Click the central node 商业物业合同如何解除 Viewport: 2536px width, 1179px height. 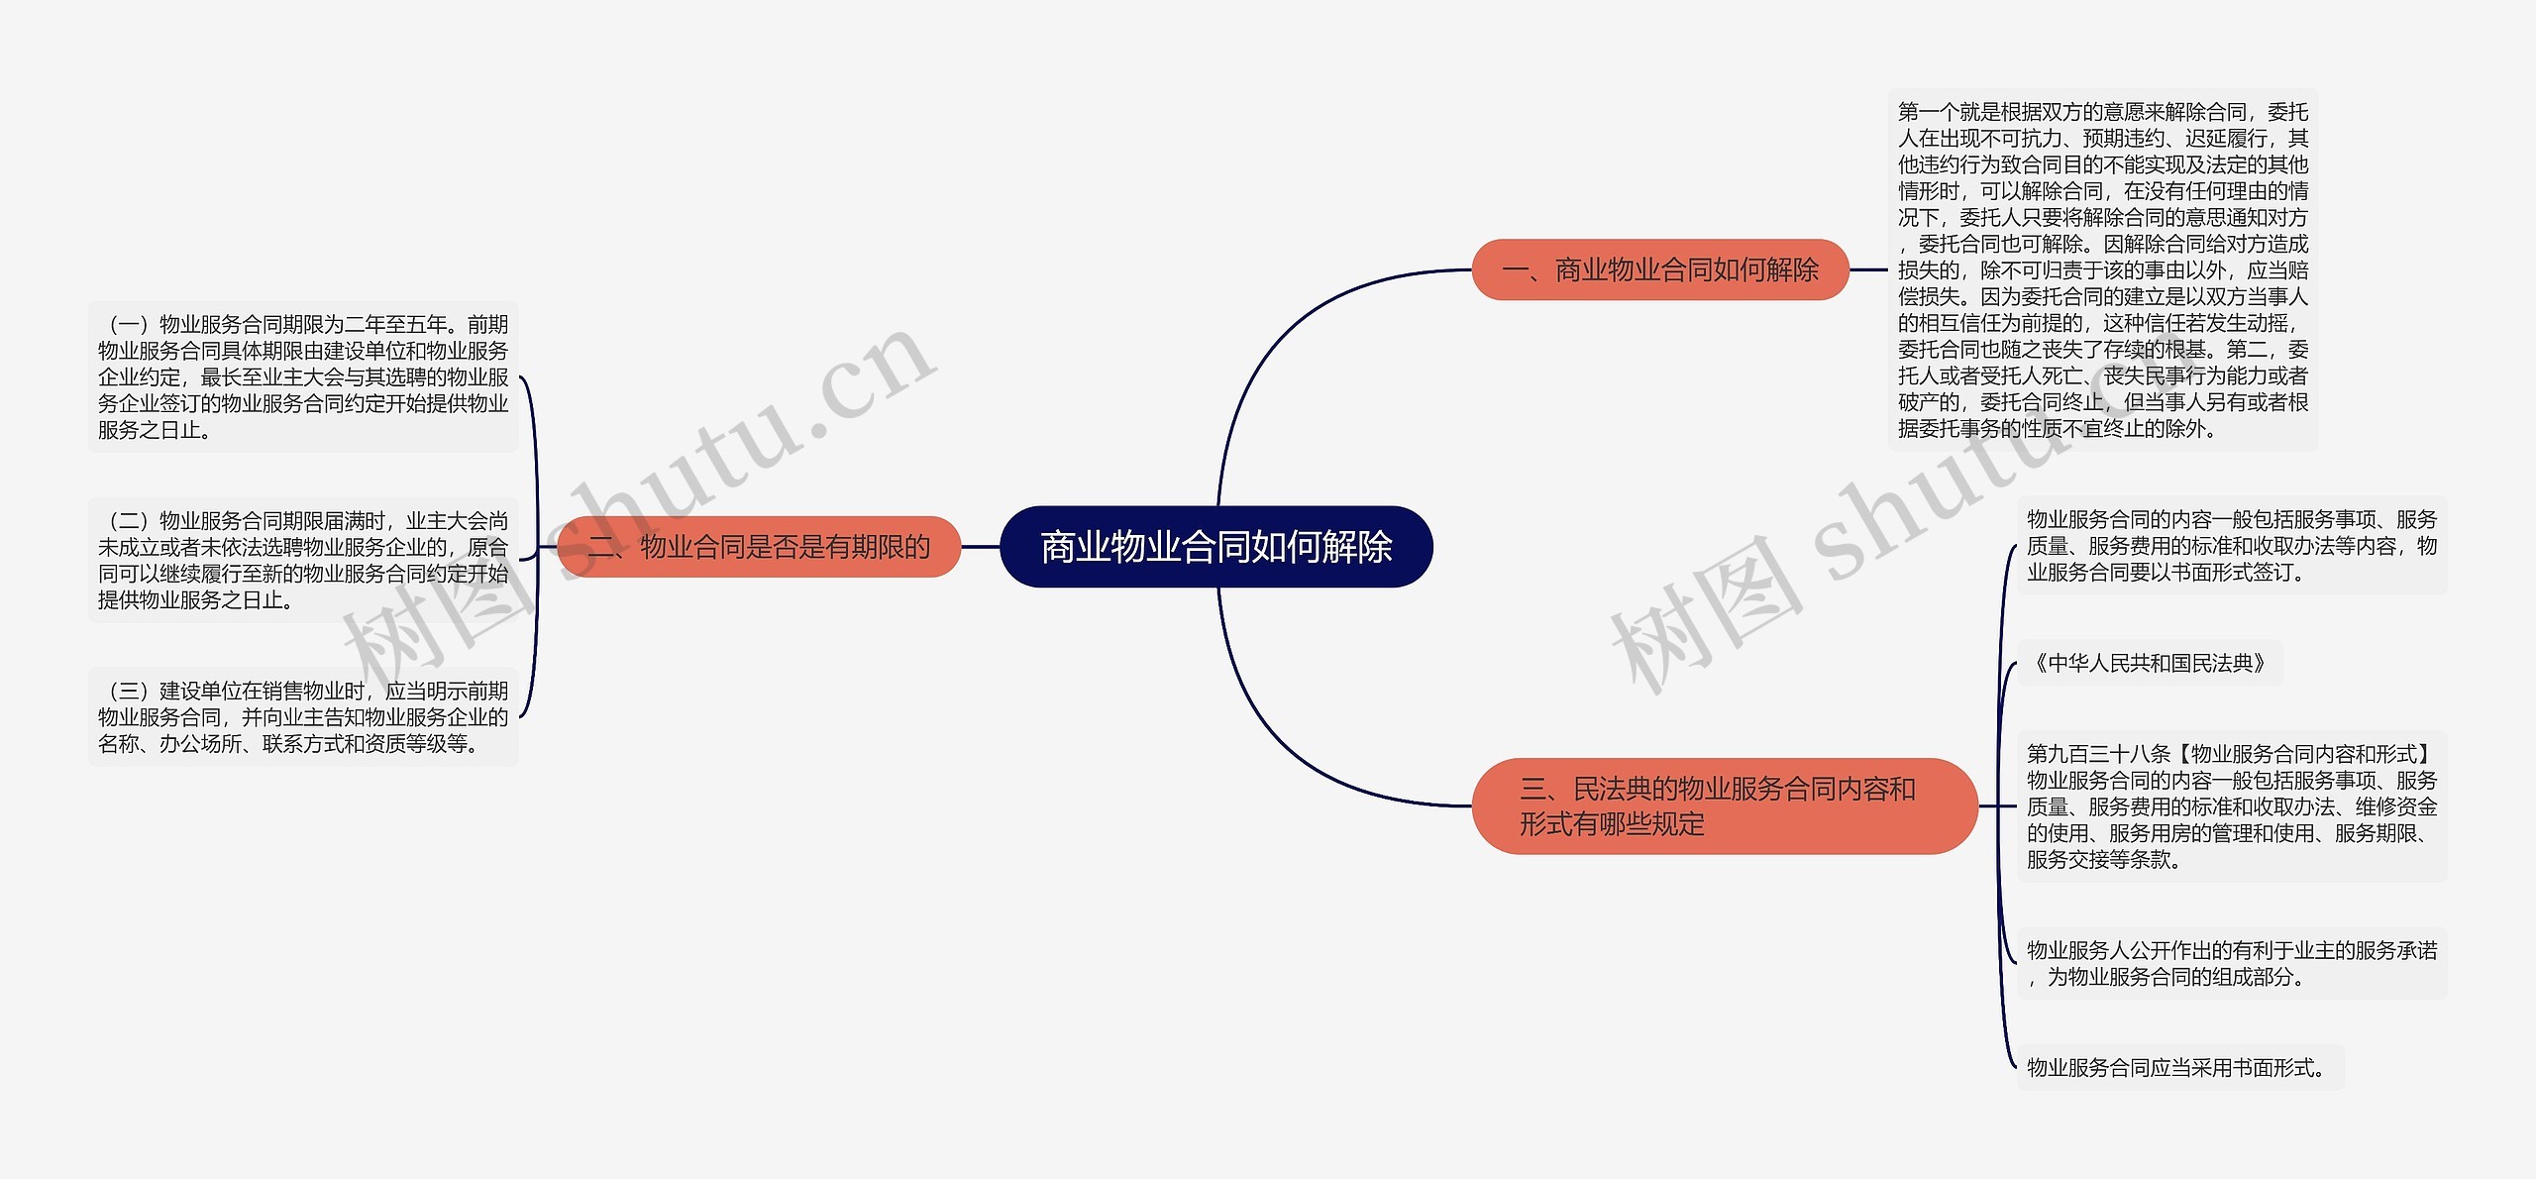coord(1215,547)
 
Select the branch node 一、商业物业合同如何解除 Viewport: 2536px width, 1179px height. coord(1660,269)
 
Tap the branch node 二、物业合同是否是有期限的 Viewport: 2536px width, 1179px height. coord(760,547)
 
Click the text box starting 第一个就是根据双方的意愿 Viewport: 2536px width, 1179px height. coord(2102,269)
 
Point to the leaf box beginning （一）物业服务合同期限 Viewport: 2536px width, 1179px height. coord(303,376)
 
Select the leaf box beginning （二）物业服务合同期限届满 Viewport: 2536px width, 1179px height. coord(303,560)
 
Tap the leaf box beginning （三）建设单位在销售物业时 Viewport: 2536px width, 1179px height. coord(303,716)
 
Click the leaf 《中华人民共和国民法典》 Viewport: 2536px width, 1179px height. coord(2149,663)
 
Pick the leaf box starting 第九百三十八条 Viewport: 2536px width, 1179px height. coord(2231,805)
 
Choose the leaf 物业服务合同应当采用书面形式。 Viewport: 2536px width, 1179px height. coord(2177,1067)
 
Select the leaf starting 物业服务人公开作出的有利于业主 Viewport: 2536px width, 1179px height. coord(2231,963)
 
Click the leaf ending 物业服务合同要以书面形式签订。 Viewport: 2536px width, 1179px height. coord(2231,546)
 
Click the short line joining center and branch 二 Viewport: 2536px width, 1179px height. coord(981,547)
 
